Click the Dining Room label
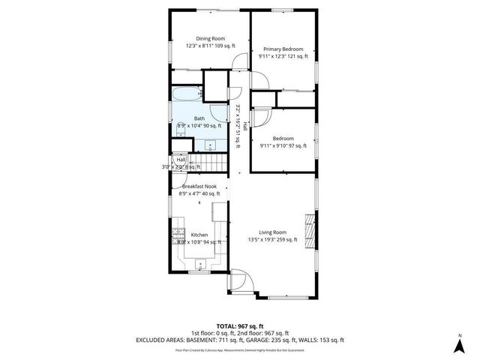(210, 38)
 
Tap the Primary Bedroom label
(282, 48)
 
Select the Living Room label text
(273, 232)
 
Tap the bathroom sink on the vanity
(211, 144)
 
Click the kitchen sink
(200, 263)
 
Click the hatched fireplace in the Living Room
(307, 226)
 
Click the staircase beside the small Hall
(207, 162)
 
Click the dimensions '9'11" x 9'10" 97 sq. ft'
(283, 146)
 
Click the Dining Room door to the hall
(239, 62)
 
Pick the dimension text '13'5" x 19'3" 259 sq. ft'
(273, 240)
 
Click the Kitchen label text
(199, 235)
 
